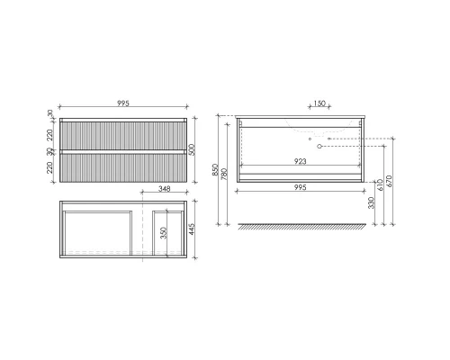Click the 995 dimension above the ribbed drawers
tap(122, 104)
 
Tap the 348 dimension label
tap(165, 190)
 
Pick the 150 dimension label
tap(319, 104)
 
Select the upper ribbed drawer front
tap(122, 134)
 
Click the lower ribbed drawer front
tap(122, 165)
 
